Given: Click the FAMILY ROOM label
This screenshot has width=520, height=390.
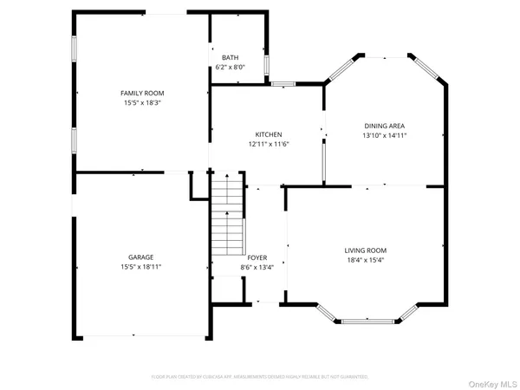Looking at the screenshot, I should pos(142,93).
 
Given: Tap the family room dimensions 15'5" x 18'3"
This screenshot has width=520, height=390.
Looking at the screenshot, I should pos(142,102).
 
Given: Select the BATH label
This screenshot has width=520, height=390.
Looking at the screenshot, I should pos(230,57).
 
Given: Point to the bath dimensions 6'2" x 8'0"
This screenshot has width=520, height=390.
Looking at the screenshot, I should pos(230,67).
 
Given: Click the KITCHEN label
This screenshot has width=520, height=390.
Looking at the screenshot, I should pos(268,134).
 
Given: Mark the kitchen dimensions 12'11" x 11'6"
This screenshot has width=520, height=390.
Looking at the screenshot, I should pos(268,144).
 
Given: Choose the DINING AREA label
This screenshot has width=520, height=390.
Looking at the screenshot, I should pos(385,126).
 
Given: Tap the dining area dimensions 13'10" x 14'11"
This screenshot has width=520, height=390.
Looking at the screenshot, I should pos(385,135).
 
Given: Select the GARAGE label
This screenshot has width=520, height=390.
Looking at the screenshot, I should pos(141,257).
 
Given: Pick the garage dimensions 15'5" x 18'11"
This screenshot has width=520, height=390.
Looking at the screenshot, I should pos(141,267).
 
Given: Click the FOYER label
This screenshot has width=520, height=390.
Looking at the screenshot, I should pos(257,257).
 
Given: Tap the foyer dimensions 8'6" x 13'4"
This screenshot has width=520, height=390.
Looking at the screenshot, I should pos(257,267).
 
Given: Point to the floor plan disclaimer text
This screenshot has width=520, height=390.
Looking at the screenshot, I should pos(260,377).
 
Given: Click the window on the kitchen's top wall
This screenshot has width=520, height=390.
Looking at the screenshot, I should pos(283,84).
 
